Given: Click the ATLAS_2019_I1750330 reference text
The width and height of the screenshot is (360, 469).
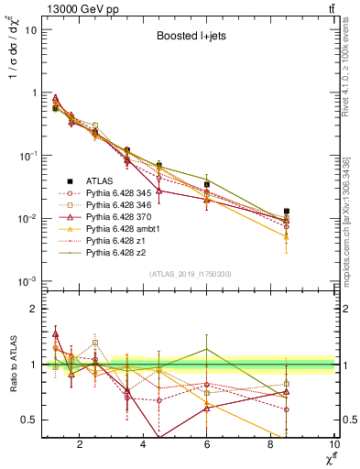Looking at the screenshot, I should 189,274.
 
